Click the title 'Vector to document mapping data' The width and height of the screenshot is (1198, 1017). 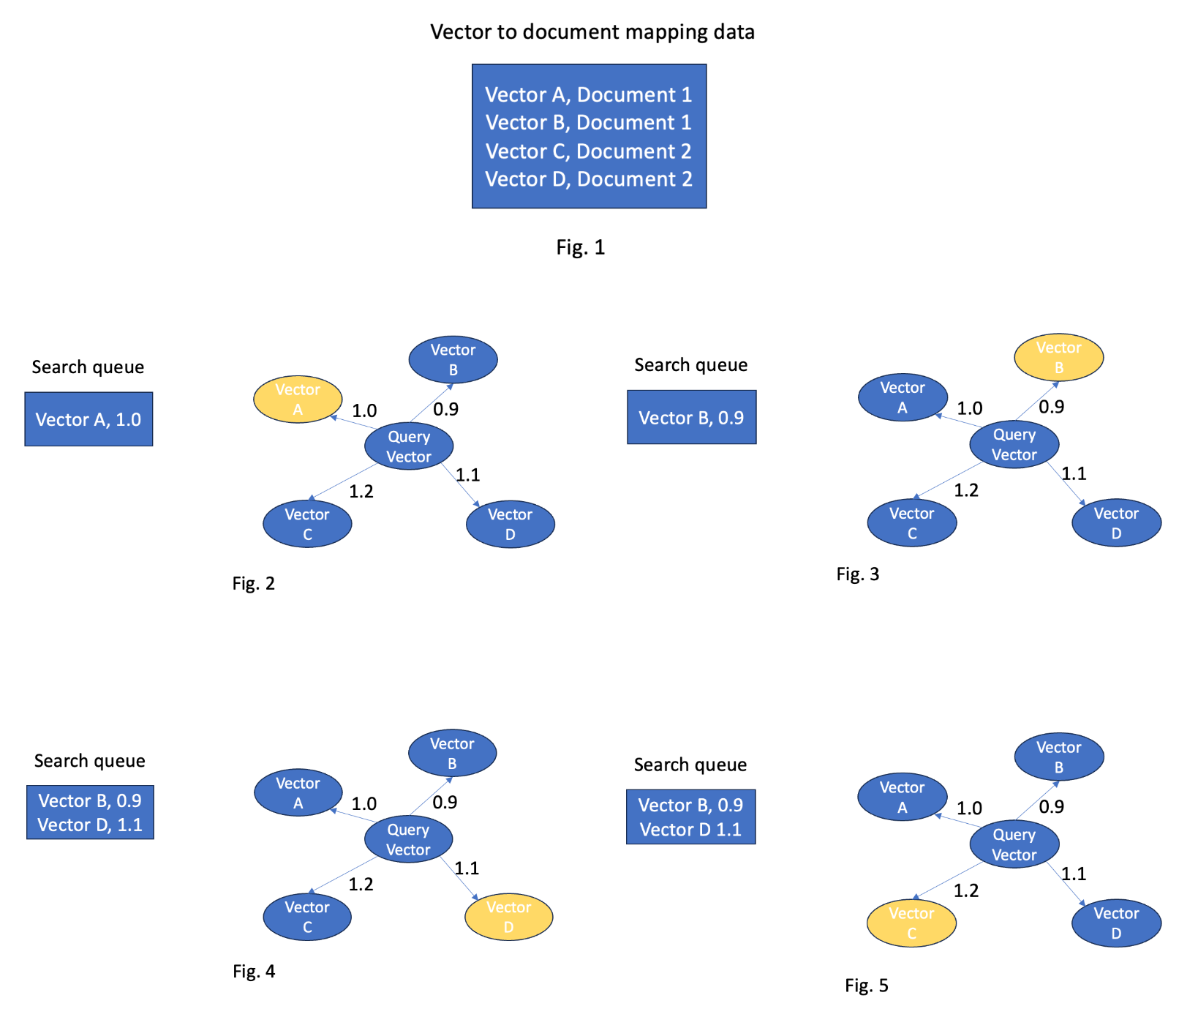click(x=592, y=32)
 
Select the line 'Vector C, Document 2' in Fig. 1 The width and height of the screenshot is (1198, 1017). click(x=588, y=151)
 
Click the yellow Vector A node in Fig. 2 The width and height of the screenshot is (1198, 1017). click(x=298, y=399)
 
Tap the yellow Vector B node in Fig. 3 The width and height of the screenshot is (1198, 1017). click(x=1058, y=358)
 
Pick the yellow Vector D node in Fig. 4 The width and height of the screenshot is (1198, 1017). click(x=509, y=917)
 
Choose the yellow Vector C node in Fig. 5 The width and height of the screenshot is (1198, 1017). click(x=911, y=923)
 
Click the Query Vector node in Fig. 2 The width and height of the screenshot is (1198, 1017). click(x=409, y=446)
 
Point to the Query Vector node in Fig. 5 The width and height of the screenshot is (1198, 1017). click(x=1014, y=844)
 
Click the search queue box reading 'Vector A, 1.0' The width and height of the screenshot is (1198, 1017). click(x=88, y=419)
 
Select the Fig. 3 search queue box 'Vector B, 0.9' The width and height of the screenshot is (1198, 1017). click(x=691, y=418)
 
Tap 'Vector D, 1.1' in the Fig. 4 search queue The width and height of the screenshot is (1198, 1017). click(x=90, y=825)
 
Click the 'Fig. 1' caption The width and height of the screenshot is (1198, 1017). click(x=580, y=247)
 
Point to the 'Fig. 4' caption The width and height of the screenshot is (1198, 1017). click(x=254, y=971)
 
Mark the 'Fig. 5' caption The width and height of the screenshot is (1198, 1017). click(x=866, y=986)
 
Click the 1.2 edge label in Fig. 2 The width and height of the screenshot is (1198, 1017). click(x=361, y=492)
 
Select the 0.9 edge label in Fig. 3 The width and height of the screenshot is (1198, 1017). click(x=1051, y=407)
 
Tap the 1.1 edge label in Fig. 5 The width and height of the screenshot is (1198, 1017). click(x=1074, y=874)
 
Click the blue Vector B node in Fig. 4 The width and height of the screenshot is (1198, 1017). click(x=452, y=753)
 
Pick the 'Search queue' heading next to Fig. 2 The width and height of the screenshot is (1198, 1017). click(x=88, y=367)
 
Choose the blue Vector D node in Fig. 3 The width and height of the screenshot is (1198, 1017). click(x=1116, y=523)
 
